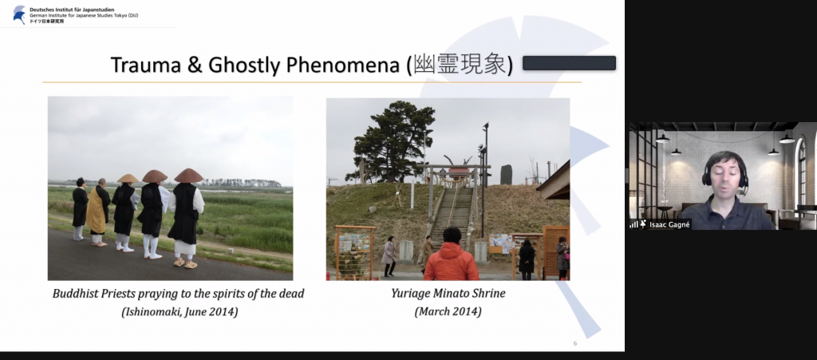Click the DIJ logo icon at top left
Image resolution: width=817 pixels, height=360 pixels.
click(x=20, y=14)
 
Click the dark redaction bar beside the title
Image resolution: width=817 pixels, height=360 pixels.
click(x=569, y=63)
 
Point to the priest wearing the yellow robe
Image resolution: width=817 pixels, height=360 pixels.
click(x=98, y=212)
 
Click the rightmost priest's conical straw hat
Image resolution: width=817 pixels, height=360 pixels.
click(x=188, y=176)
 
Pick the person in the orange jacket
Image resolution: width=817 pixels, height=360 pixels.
click(x=452, y=255)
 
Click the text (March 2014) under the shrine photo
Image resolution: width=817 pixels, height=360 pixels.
click(x=448, y=311)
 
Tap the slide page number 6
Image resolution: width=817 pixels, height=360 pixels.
click(x=575, y=343)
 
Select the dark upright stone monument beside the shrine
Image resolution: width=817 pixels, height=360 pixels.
click(x=506, y=175)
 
